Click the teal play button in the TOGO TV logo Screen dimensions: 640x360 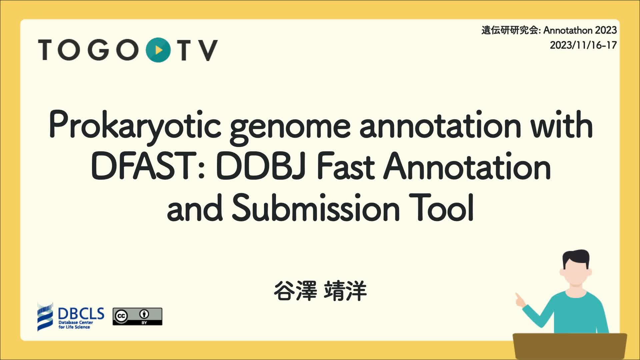tap(158, 50)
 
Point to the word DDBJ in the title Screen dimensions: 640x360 tap(261, 167)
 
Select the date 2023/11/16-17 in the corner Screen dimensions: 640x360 tap(583, 45)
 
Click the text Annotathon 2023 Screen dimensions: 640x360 tap(580, 30)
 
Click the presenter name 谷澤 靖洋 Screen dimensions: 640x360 tap(320, 291)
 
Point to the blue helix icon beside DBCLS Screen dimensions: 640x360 tap(45, 317)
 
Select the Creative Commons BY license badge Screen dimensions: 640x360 tap(137, 316)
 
